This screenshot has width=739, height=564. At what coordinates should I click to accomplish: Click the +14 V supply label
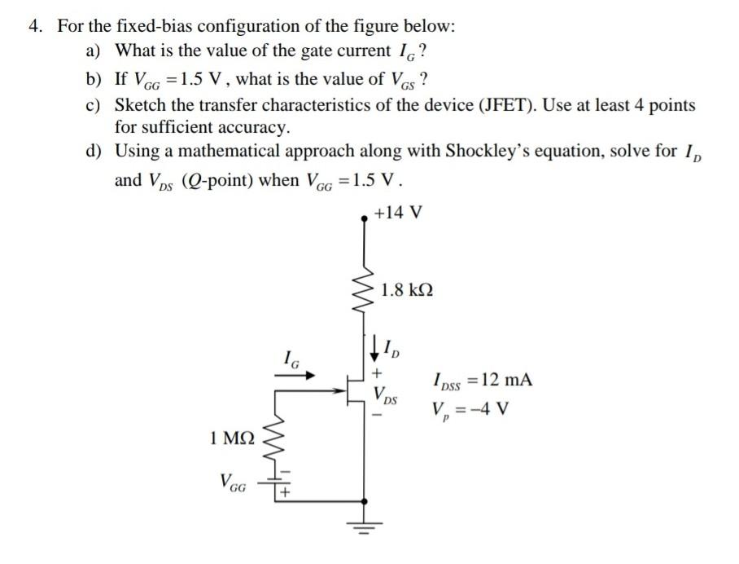coord(398,213)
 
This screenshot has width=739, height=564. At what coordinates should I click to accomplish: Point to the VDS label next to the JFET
coord(386,394)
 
